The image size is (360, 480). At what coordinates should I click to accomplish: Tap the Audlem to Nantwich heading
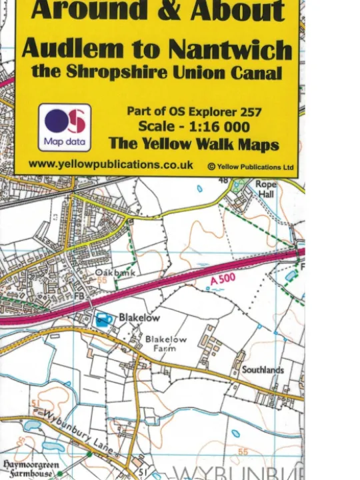point(157,48)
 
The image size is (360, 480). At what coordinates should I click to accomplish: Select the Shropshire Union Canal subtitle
point(157,71)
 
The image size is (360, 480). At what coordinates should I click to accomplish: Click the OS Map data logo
point(65,127)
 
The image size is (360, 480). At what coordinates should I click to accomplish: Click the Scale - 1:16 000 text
point(193,127)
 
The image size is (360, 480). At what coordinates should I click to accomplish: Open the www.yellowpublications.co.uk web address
point(111,164)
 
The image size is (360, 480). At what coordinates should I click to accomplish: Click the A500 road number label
point(222,283)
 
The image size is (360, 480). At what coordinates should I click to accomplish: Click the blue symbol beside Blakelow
point(104,319)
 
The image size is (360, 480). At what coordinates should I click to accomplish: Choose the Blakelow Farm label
point(165,343)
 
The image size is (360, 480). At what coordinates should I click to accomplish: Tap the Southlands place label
point(263,369)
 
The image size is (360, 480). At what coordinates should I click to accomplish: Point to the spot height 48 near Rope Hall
point(223,181)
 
